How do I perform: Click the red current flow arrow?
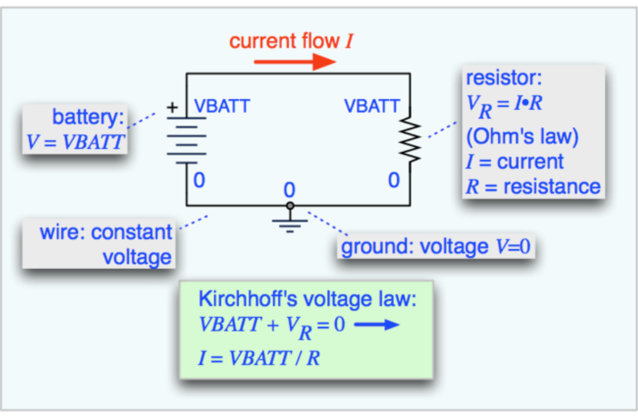pos(294,62)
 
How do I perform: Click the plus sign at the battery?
pos(170,107)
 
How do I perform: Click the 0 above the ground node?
pos(290,190)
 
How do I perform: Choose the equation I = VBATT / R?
pos(259,357)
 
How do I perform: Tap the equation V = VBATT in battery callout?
pos(76,141)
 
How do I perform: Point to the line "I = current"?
pos(514,163)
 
